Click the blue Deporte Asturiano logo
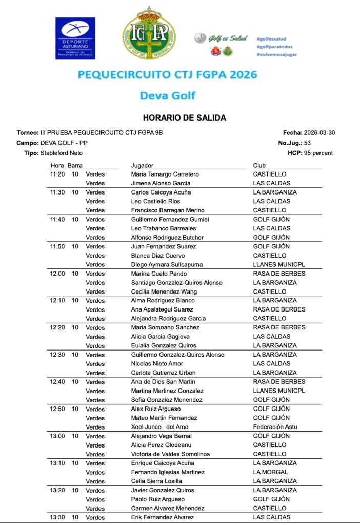[x=75, y=37]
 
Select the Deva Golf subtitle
[x=167, y=95]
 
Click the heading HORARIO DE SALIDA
[x=184, y=118]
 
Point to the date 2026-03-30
[x=319, y=132]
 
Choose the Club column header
[x=259, y=166]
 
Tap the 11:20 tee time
[x=57, y=174]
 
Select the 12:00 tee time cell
[x=57, y=274]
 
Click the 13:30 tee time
[x=57, y=517]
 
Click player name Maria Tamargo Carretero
[x=165, y=174]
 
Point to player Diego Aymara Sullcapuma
[x=167, y=265]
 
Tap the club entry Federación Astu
[x=275, y=427]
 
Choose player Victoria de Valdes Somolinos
[x=170, y=454]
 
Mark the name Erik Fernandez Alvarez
[x=163, y=517]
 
